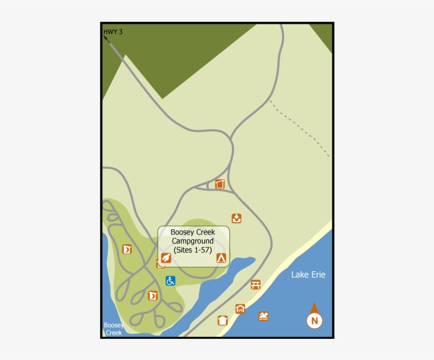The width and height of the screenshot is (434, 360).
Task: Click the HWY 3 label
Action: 113,32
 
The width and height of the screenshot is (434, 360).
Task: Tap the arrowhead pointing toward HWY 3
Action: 106,38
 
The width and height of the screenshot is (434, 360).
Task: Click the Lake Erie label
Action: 308,274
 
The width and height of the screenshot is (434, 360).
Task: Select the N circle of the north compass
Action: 314,320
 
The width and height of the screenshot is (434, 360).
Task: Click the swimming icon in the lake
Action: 264,316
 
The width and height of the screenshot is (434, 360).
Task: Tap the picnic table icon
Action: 256,285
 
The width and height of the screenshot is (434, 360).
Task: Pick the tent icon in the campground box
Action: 221,258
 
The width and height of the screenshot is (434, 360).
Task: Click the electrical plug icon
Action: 166,258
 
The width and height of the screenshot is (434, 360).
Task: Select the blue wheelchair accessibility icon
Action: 170,281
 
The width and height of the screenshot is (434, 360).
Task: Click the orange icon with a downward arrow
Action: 237,218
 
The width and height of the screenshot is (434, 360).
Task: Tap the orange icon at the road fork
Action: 220,184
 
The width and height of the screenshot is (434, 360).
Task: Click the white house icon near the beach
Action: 222,320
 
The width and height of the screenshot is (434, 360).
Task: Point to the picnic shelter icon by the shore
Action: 240,309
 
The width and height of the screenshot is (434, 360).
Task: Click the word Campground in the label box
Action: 193,241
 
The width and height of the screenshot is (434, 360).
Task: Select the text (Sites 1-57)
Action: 193,250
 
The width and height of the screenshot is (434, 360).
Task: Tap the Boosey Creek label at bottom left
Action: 113,329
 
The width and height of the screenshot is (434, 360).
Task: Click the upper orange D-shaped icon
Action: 127,249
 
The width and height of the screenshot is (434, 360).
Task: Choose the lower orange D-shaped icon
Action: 153,295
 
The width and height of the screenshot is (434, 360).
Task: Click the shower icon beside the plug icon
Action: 160,264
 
